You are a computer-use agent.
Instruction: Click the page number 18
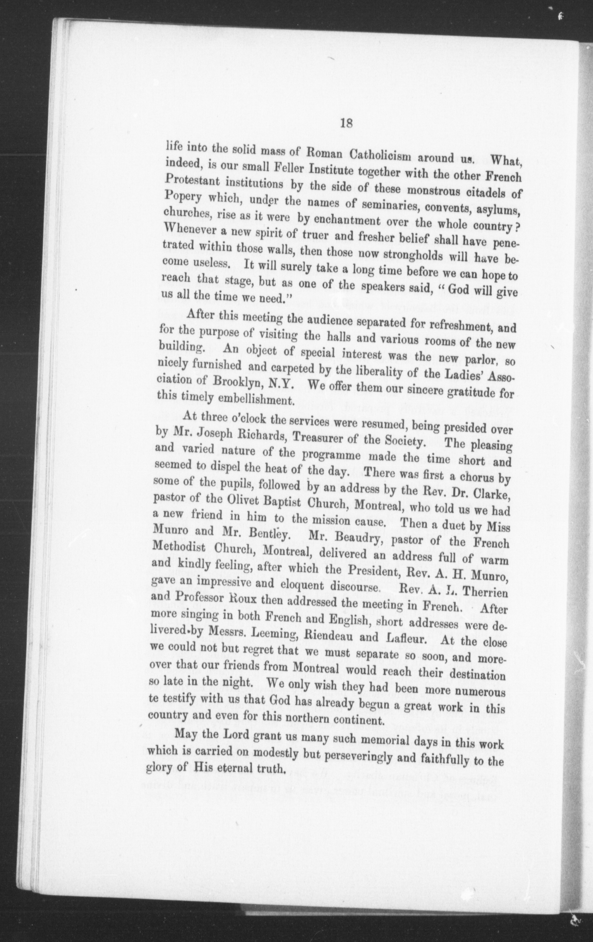(346, 124)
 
